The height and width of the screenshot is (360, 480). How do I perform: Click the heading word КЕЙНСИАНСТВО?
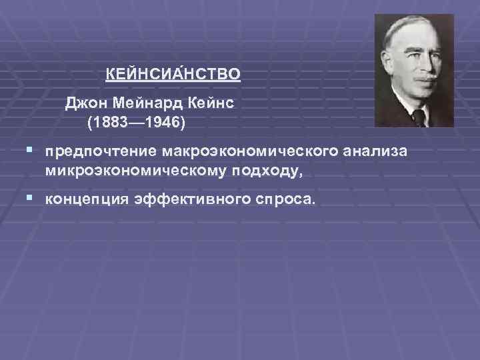173,73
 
